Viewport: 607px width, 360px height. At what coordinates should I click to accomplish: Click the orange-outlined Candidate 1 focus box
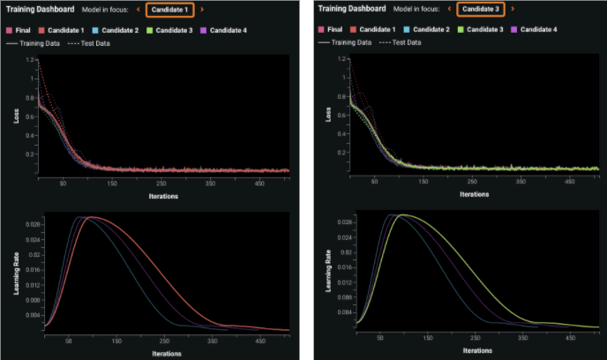[x=169, y=9]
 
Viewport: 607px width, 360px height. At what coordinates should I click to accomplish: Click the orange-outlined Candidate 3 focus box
[x=481, y=9]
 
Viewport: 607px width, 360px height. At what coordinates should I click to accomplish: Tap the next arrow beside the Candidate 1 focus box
[x=202, y=9]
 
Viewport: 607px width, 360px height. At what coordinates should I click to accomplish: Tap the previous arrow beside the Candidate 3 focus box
[x=449, y=9]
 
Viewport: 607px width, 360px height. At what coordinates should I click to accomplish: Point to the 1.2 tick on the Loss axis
[x=30, y=61]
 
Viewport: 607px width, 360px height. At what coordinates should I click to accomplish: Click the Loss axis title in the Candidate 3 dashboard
[x=328, y=116]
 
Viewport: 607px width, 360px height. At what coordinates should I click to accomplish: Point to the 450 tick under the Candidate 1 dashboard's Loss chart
[x=259, y=184]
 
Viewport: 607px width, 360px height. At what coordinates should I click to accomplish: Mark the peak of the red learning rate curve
[x=93, y=217]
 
